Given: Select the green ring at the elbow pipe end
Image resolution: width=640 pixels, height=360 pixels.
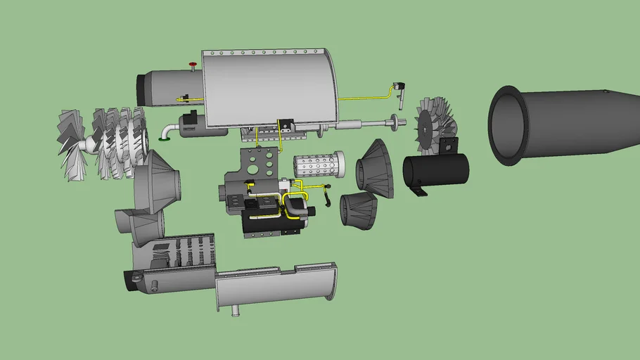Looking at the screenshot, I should tap(163, 138).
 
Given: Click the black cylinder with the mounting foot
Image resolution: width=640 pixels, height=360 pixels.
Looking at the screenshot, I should tap(436, 174).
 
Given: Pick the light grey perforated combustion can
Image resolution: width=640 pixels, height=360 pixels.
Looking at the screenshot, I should tap(316, 166).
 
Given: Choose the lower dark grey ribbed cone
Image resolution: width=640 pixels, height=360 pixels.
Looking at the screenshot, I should tap(359, 210).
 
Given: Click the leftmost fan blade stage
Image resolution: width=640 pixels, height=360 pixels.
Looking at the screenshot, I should tap(73, 144).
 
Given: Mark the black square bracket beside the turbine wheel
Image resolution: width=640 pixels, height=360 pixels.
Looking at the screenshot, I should tap(449, 146).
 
